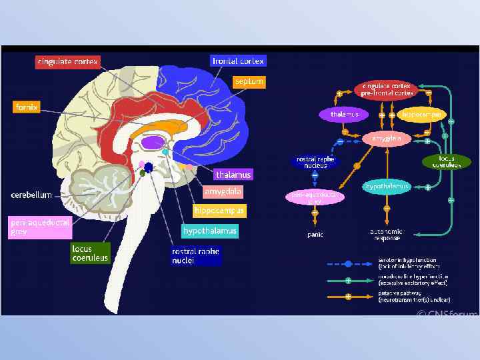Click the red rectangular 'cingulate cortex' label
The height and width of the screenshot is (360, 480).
pos(68,62)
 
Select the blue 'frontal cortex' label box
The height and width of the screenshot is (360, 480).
pos(238,61)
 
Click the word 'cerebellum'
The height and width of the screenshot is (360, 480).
pos(31,195)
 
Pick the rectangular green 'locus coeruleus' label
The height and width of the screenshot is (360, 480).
pos(90,253)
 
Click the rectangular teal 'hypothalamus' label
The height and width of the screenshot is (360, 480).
pos(209,231)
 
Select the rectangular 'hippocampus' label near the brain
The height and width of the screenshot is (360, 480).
pos(219,211)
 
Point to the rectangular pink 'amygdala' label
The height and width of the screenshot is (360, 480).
pos(223,191)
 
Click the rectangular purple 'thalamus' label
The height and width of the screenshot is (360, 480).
pos(233,175)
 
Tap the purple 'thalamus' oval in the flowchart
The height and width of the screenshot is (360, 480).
pos(344,115)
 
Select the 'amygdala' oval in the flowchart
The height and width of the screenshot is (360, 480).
pos(386,138)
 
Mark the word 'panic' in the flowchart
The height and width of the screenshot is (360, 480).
pos(315,235)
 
